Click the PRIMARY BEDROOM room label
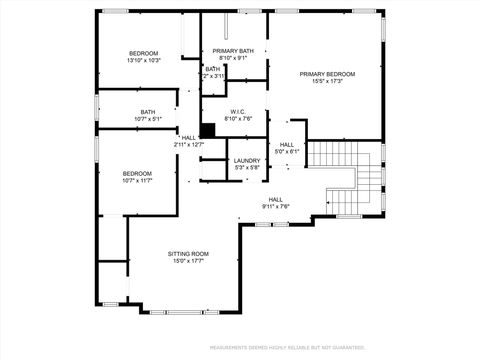tap(328, 74)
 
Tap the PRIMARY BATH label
tap(233, 51)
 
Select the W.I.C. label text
tap(238, 111)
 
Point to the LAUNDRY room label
tap(247, 160)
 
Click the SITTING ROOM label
tap(187, 254)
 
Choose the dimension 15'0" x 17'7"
tap(187, 262)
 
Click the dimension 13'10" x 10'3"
tap(144, 60)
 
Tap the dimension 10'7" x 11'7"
tap(137, 181)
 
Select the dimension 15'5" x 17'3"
tap(328, 82)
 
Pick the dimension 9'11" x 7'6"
tap(275, 207)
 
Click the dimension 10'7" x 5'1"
tap(147, 119)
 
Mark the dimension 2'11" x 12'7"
tap(189, 145)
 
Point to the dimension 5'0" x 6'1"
tap(287, 152)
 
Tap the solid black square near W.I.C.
tap(207, 129)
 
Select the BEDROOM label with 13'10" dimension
tap(144, 52)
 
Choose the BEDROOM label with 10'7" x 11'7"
tap(137, 173)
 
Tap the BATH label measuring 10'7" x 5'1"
tap(147, 111)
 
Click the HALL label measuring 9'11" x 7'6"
tap(275, 199)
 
